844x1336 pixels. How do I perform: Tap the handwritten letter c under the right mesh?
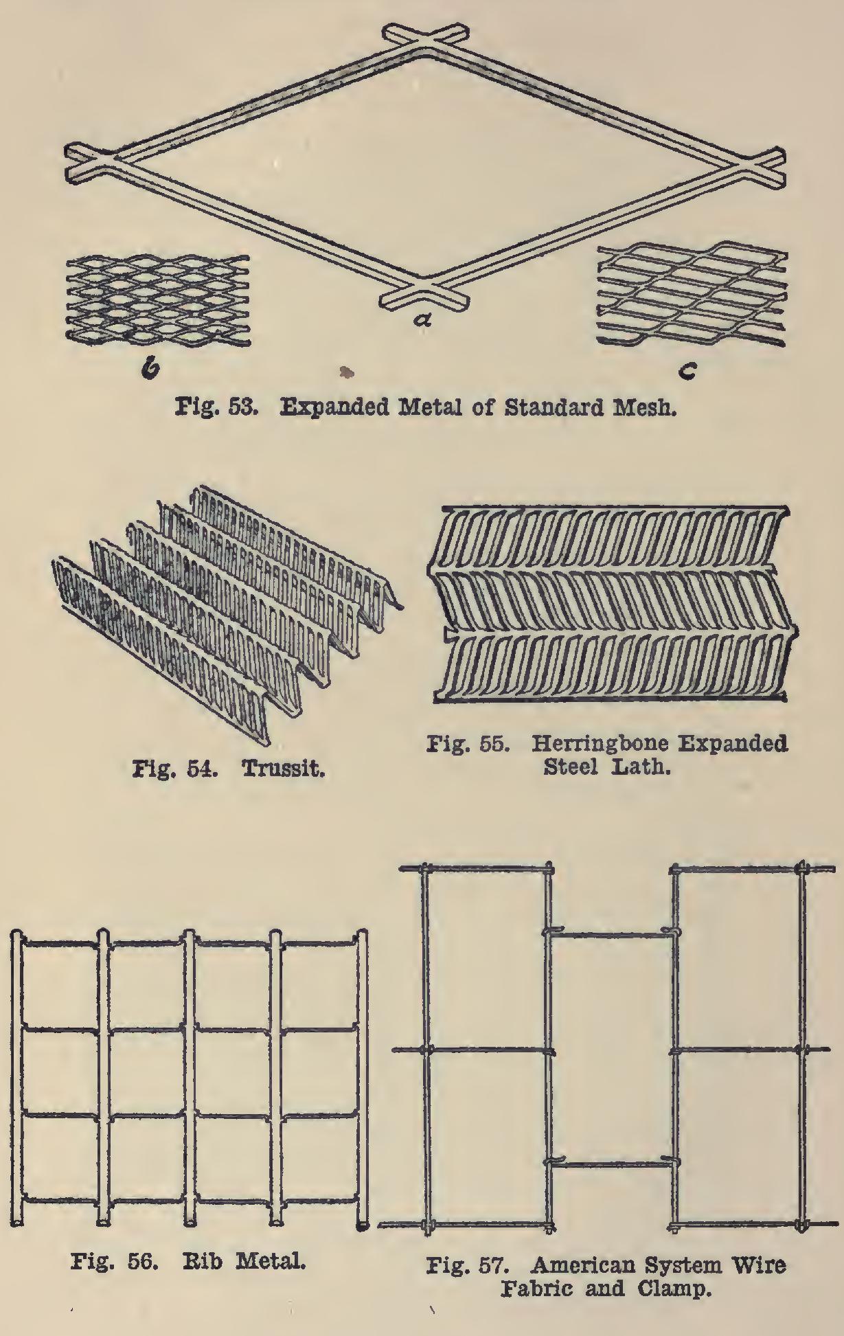click(x=688, y=372)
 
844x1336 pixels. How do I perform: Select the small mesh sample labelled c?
click(x=692, y=296)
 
